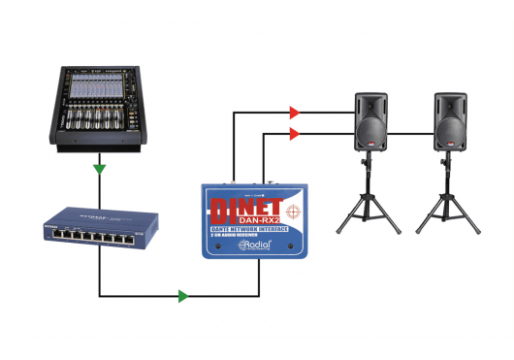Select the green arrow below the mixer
click(99, 170)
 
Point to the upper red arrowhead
click(295, 112)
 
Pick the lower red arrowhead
click(295, 132)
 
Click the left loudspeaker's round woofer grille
click(370, 133)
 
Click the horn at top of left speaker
click(372, 104)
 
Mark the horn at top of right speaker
click(451, 104)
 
